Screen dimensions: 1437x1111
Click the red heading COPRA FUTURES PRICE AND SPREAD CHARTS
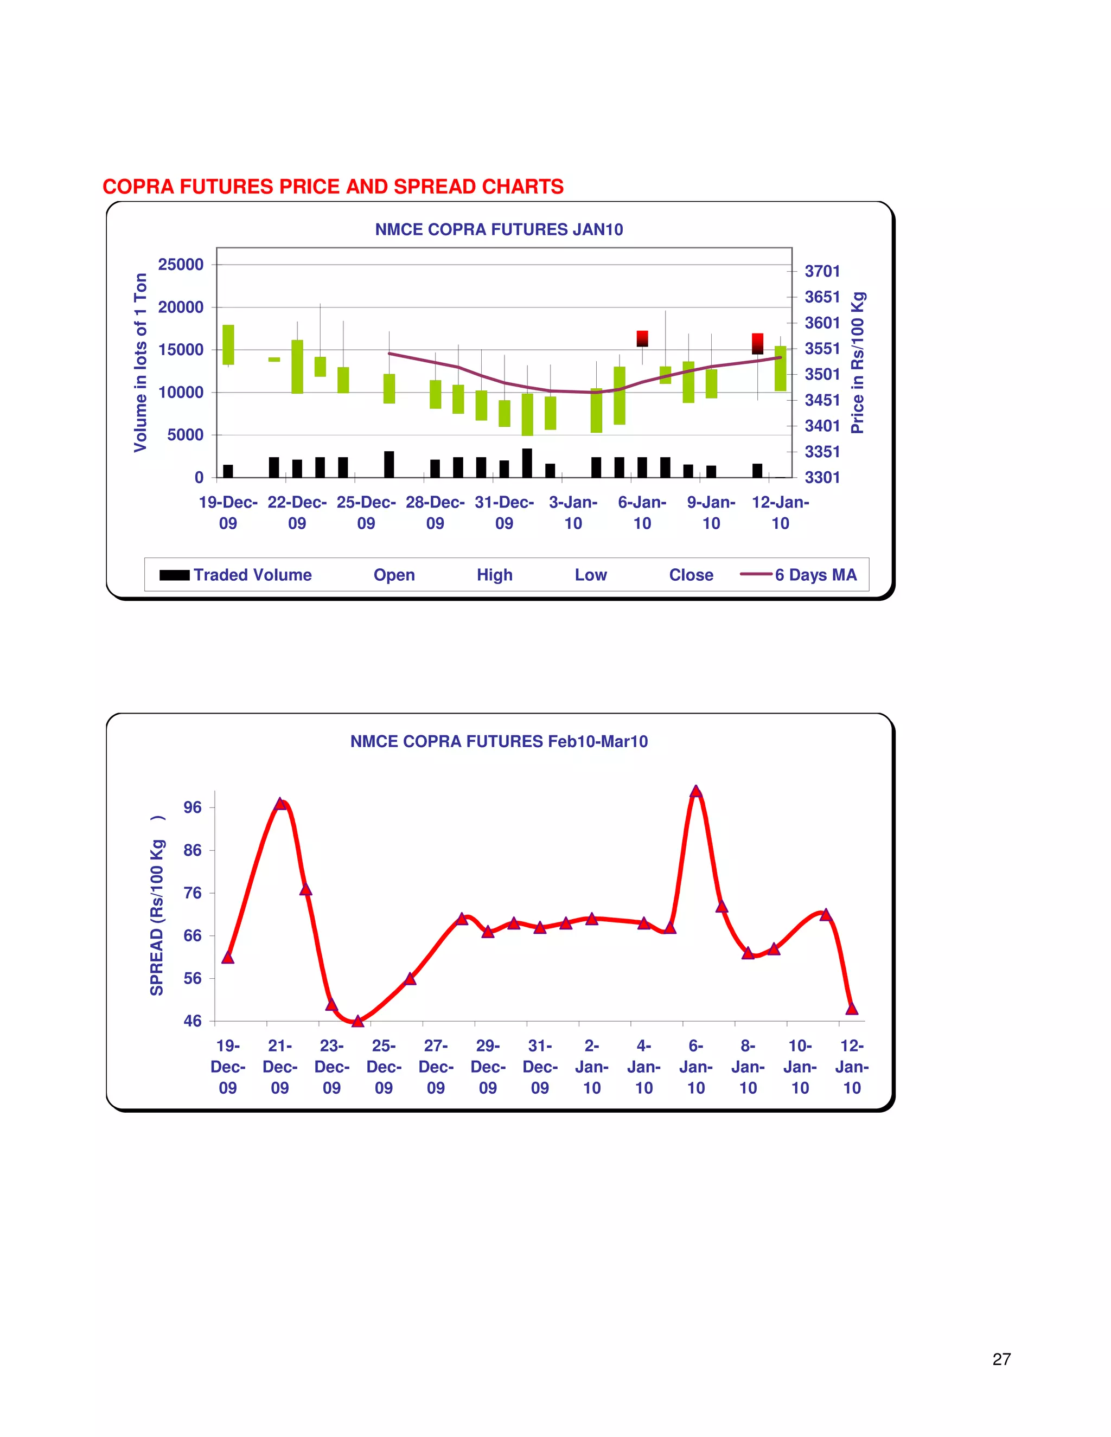[x=333, y=187]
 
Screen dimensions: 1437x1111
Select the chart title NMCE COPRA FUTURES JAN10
[x=499, y=229]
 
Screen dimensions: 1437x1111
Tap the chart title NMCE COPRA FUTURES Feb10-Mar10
[x=499, y=741]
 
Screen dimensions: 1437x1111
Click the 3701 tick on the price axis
[x=822, y=271]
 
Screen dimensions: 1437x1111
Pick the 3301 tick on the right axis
[x=822, y=477]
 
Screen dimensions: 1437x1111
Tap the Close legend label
[x=691, y=575]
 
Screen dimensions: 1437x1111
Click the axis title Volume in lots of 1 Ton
[x=140, y=363]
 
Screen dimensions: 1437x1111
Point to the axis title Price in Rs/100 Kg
[x=857, y=363]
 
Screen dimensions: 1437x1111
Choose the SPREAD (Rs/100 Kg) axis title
[x=157, y=906]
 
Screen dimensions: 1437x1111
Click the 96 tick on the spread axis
[x=192, y=807]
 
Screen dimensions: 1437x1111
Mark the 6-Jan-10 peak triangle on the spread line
[x=695, y=792]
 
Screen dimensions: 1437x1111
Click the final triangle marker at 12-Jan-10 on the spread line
[x=852, y=1008]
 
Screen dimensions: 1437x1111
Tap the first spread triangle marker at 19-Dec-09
[x=228, y=957]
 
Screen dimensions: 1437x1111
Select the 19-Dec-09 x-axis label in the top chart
[x=228, y=512]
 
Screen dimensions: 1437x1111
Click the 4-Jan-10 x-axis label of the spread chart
[x=644, y=1067]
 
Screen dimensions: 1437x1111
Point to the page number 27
[x=1001, y=1359]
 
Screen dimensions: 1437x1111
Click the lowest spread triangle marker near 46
[x=357, y=1021]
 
